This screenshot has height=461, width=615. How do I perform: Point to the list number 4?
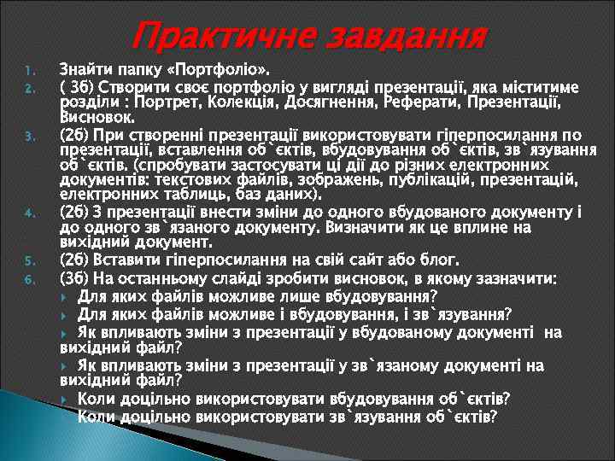point(28,213)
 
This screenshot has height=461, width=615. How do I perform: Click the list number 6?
point(28,279)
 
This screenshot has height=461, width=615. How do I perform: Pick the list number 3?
point(28,136)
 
